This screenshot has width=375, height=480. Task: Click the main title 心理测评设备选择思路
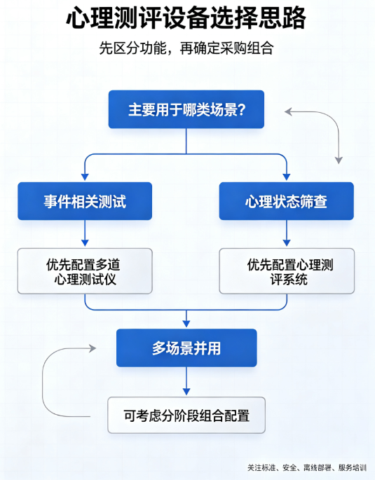tap(186, 18)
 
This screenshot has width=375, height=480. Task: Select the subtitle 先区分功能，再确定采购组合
tap(186, 48)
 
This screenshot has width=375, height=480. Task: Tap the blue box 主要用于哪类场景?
tap(186, 109)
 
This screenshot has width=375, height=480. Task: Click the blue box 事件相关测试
tap(85, 201)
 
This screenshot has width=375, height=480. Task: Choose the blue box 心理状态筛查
tap(287, 201)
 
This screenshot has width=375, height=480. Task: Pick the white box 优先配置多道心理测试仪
tap(85, 271)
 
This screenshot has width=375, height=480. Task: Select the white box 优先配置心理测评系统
tap(287, 271)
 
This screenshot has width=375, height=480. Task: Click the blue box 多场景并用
tap(186, 348)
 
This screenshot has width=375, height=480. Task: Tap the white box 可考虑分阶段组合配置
tap(186, 415)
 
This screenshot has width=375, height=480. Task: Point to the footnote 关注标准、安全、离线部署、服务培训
tap(307, 467)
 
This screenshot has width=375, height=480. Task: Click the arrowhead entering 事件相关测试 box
tap(85, 177)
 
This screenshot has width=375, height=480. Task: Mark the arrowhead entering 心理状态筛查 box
tap(287, 177)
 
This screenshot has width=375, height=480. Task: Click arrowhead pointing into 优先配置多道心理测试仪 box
tap(85, 242)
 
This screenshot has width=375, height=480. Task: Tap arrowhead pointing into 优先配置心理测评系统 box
tap(287, 242)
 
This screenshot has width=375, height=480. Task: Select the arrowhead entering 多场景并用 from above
tap(186, 324)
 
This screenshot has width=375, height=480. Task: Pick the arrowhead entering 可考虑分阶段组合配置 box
tap(186, 392)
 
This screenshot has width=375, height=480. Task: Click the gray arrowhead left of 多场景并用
tap(93, 348)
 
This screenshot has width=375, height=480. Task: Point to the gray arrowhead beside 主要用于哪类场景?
tap(288, 111)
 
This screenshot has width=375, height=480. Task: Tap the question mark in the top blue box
tap(241, 109)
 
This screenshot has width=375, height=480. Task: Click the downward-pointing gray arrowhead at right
tap(339, 160)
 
